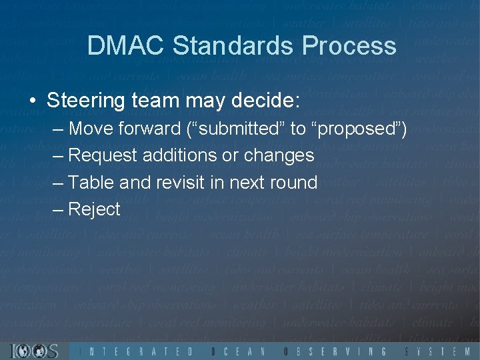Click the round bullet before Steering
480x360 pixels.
(x=33, y=102)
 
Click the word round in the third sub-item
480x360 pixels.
(x=291, y=182)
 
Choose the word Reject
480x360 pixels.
(x=95, y=209)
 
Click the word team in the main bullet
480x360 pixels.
(x=155, y=102)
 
